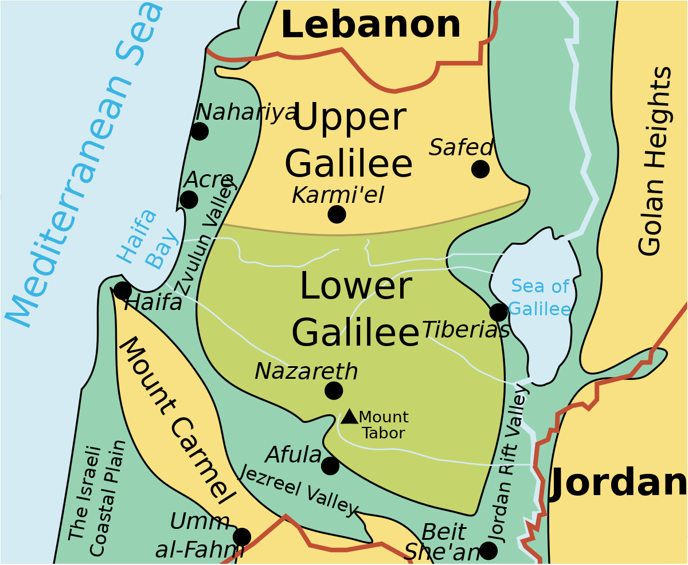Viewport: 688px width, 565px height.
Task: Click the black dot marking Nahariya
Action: [x=200, y=131]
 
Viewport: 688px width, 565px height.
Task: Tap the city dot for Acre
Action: [x=189, y=199]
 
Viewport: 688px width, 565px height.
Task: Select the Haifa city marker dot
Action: [x=122, y=291]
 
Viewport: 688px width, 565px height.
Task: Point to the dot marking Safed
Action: [x=480, y=169]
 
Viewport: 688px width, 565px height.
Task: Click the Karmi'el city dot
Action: [x=337, y=214]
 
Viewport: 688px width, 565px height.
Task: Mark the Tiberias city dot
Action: [x=499, y=312]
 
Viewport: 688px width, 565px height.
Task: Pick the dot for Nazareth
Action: [x=334, y=391]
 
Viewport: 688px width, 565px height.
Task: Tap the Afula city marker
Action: [x=330, y=466]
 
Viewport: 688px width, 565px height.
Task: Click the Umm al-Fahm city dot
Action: [x=242, y=537]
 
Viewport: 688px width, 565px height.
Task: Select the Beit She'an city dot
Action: [x=488, y=550]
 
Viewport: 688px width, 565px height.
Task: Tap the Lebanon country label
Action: [x=370, y=25]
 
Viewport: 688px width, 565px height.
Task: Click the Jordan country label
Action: [x=619, y=482]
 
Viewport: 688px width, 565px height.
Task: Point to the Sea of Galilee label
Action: [x=540, y=297]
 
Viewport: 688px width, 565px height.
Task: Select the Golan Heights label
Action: [x=655, y=162]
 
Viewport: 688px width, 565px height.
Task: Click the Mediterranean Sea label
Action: [x=86, y=166]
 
